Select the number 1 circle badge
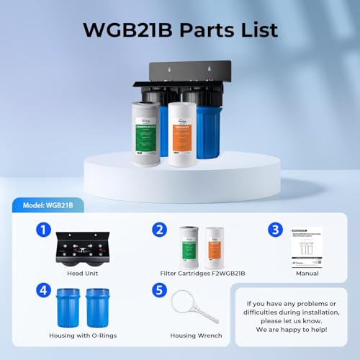(42, 230)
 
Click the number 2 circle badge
(159, 230)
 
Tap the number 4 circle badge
(42, 290)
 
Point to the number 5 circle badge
(159, 290)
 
